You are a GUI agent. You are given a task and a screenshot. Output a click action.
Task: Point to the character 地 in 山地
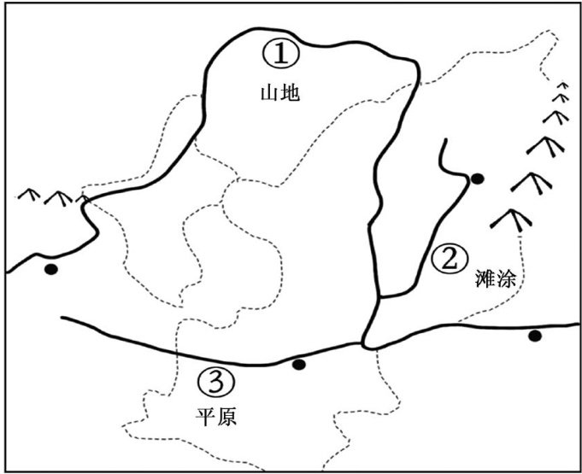point(291,92)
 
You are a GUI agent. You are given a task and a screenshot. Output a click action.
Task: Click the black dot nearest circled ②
point(477,178)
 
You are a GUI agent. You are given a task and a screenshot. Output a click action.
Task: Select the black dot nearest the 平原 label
point(298,365)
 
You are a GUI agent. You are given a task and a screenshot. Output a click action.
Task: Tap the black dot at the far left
point(51,270)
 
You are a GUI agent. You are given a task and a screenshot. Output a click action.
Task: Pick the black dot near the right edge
point(535,335)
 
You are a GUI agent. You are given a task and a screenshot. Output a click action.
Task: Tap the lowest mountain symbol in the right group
point(511,219)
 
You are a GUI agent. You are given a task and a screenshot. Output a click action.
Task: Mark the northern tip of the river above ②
point(442,139)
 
